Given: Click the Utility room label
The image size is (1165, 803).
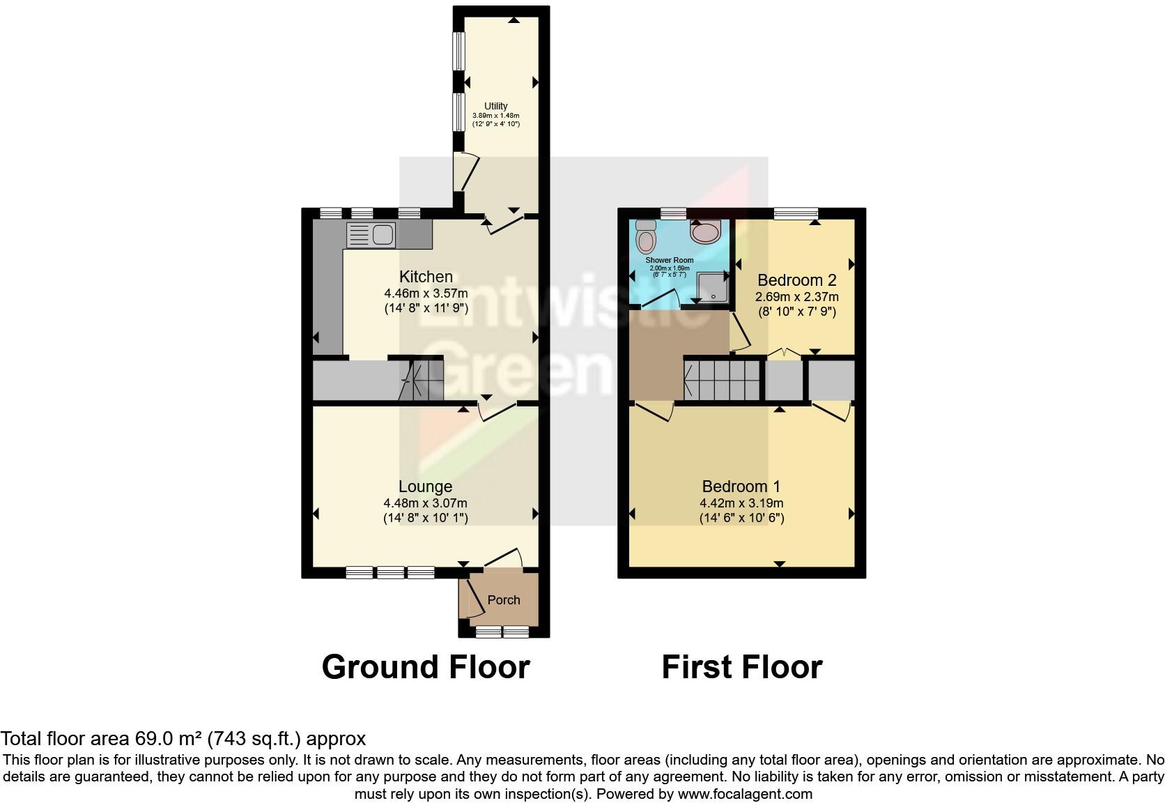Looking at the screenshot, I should click(x=496, y=106).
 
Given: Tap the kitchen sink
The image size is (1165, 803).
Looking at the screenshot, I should click(x=370, y=234).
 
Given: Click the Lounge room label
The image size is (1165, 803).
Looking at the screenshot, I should click(x=425, y=487).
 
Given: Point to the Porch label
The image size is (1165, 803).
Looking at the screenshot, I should click(x=503, y=599).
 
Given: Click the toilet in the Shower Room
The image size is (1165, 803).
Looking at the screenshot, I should click(x=646, y=237).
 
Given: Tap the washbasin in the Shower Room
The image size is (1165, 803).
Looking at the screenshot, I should click(x=706, y=231).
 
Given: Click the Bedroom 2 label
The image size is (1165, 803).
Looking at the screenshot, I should click(x=796, y=280).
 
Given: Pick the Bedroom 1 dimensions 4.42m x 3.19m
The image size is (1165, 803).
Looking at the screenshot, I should click(x=741, y=503).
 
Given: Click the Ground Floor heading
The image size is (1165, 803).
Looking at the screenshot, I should click(x=425, y=667).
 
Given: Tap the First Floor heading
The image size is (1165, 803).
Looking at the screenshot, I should click(x=741, y=667).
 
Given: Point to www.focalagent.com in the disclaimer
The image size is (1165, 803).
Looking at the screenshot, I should click(x=744, y=794).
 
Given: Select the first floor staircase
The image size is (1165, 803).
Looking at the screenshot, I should click(x=722, y=380).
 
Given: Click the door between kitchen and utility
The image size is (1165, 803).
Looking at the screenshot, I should click(x=505, y=224).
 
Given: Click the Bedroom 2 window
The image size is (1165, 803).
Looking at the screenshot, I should click(x=795, y=214).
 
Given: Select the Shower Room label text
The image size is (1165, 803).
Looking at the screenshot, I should click(x=669, y=260).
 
